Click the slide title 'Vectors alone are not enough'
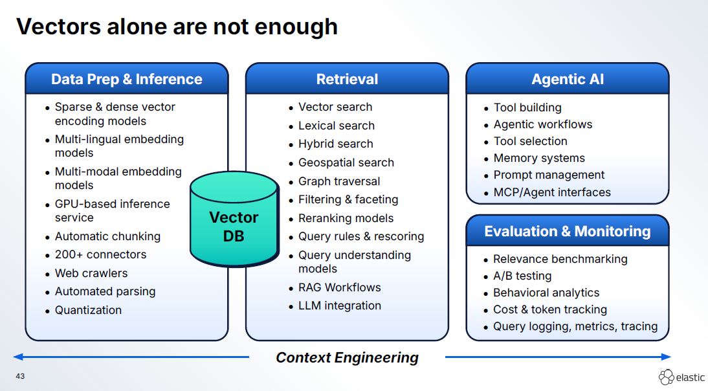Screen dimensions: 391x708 click(177, 27)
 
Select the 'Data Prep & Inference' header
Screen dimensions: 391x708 click(127, 79)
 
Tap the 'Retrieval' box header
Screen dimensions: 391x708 click(347, 79)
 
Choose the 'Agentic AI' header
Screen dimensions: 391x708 click(568, 79)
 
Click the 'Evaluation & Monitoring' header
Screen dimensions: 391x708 click(568, 231)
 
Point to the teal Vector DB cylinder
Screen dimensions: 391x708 click(234, 220)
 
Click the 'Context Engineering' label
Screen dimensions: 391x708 click(347, 357)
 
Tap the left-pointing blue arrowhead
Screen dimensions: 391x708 click(18, 357)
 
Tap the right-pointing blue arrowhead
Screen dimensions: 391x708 click(666, 357)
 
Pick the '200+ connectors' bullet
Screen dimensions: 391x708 click(100, 254)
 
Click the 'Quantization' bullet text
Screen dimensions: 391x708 click(88, 310)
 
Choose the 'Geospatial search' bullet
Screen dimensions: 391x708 click(346, 162)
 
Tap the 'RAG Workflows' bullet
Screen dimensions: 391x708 click(339, 287)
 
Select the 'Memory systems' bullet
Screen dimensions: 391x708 click(538, 158)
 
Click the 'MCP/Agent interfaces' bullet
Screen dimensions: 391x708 click(551, 192)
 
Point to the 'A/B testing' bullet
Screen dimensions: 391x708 click(522, 276)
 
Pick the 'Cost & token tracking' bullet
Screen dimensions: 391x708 click(549, 309)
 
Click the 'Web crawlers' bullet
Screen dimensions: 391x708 click(91, 273)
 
